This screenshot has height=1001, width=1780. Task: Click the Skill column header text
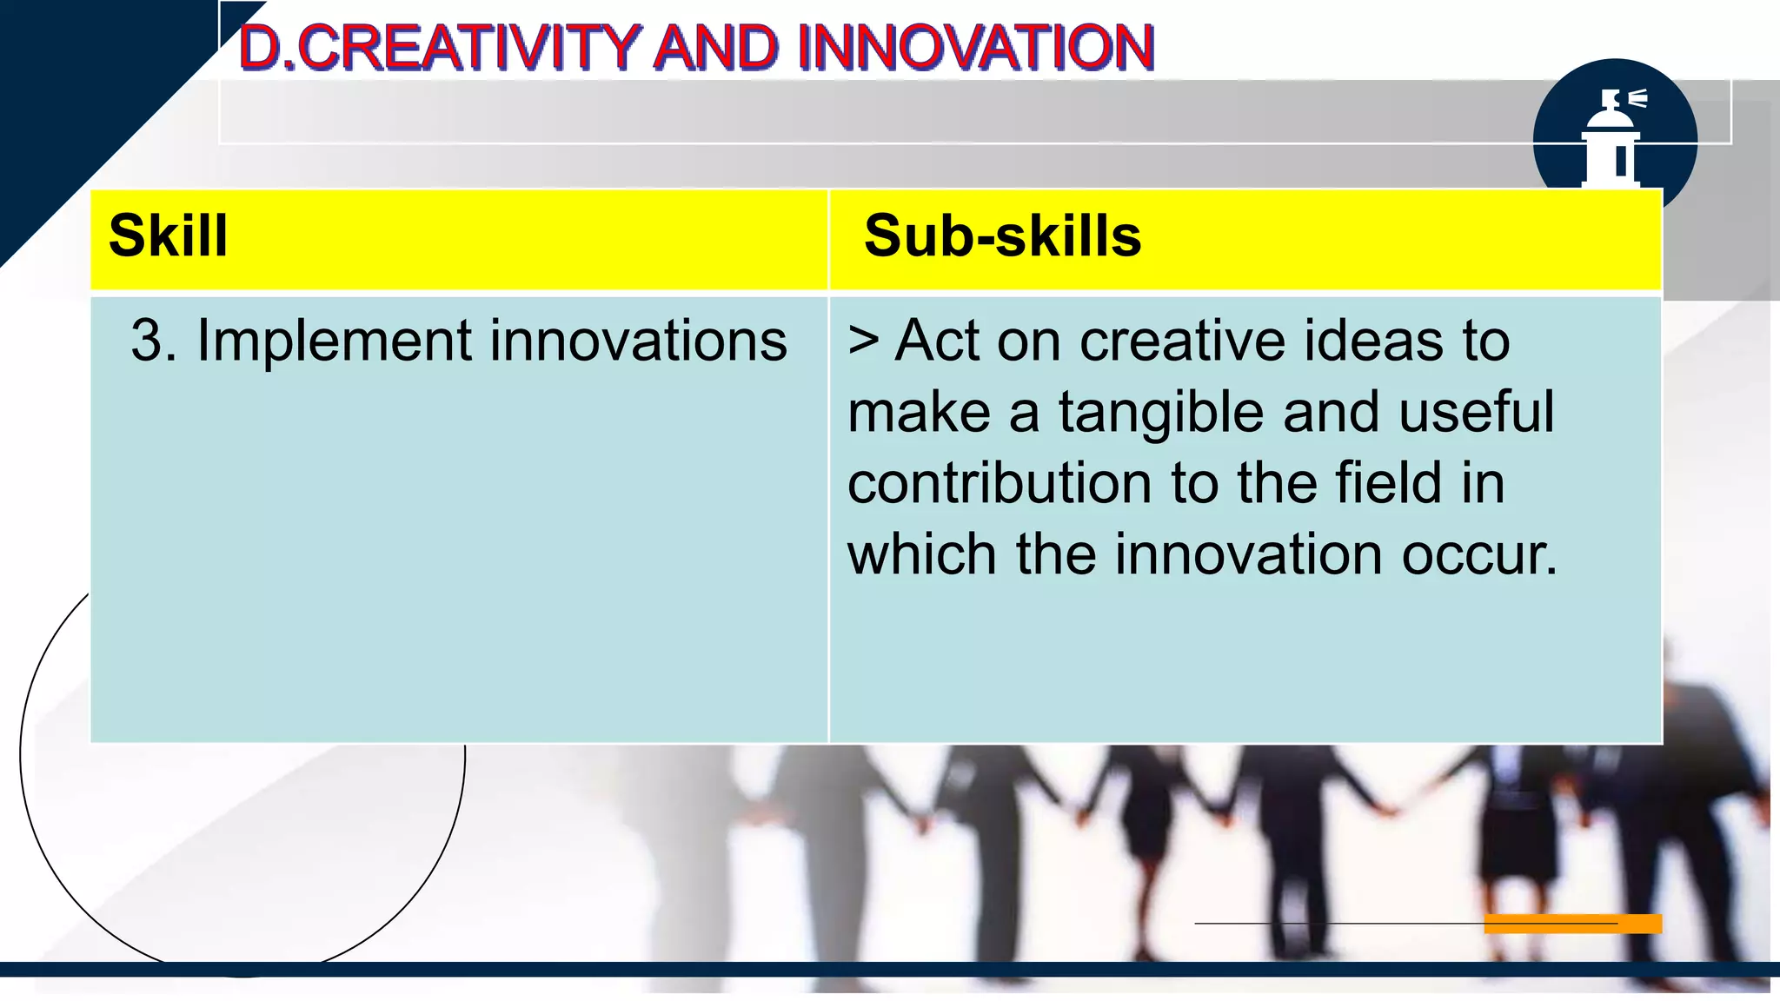pos(169,236)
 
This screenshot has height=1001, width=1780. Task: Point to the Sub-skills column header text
pos(1002,236)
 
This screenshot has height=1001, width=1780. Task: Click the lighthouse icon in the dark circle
pos(1612,139)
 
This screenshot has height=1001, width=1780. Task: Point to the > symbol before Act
pos(864,341)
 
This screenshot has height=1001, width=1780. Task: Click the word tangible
pos(1160,412)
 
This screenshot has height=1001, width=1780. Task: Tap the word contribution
pos(1000,483)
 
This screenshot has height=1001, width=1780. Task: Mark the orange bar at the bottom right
pos(1573,924)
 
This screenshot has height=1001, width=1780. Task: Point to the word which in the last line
pos(921,555)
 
